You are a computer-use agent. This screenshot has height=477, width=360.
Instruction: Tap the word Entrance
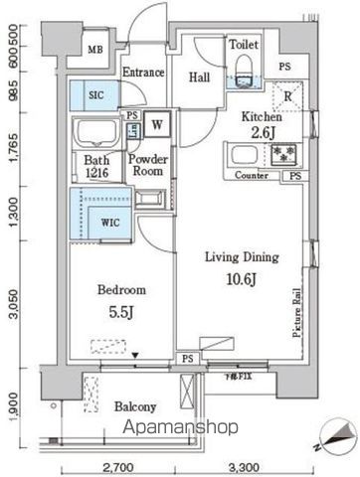click(143, 73)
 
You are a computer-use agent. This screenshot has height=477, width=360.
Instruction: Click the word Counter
click(255, 176)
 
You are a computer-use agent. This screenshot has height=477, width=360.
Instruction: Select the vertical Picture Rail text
click(296, 313)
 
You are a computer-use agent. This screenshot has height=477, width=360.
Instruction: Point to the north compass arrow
click(335, 434)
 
